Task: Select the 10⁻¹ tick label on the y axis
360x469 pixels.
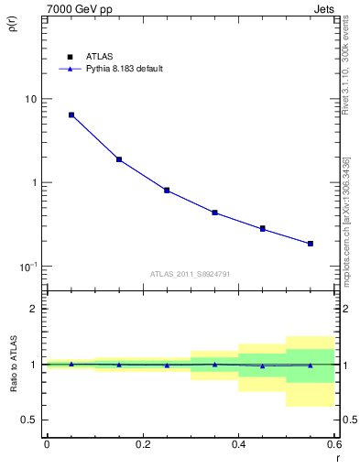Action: pos(28,267)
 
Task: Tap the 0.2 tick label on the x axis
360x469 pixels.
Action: pos(142,446)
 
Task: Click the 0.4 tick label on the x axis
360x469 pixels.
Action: pos(238,446)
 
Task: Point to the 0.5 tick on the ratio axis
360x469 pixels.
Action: pos(28,420)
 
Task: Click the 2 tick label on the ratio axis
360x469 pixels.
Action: pos(34,309)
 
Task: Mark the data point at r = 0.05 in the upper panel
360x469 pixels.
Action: pos(71,115)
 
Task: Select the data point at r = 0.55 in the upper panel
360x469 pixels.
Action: pos(311,244)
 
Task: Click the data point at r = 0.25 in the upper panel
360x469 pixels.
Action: pos(167,191)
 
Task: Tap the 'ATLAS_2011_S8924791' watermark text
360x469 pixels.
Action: pos(190,273)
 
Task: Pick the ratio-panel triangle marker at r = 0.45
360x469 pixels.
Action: pos(262,365)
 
